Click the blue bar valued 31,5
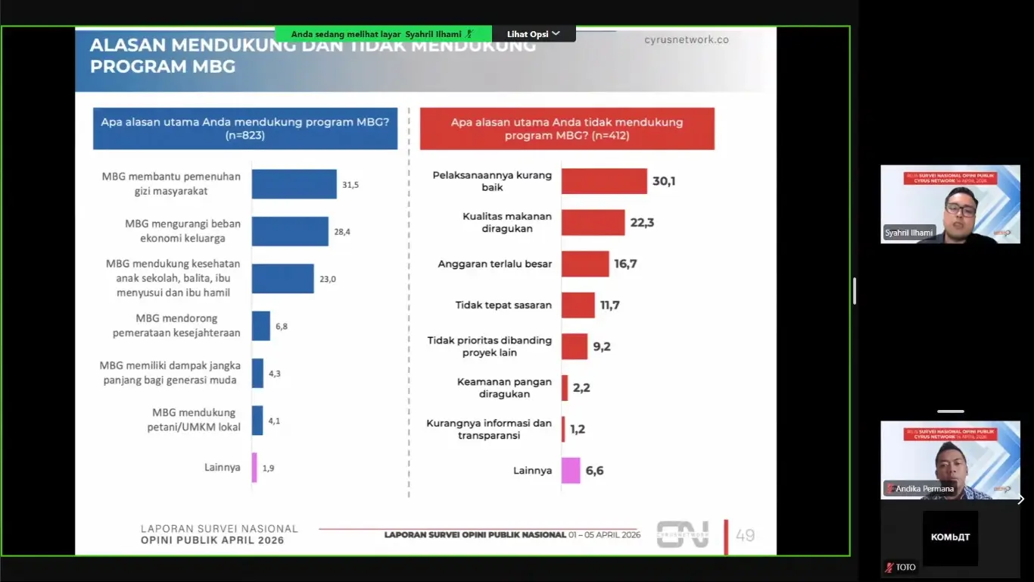tap(294, 184)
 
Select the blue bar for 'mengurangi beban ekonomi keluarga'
tap(290, 231)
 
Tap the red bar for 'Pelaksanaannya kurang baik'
tap(604, 181)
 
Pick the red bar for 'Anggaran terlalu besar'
tap(585, 264)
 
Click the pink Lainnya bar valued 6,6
tap(571, 471)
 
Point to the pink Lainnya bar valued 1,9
tap(254, 468)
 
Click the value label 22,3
tap(642, 223)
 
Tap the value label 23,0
tap(327, 279)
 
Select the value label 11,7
tap(609, 305)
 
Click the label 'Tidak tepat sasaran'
tap(503, 305)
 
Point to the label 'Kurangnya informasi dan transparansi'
tap(489, 429)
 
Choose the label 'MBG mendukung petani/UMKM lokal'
tap(194, 420)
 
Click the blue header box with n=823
tap(245, 128)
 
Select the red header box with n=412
tap(567, 128)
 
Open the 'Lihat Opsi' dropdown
tap(534, 34)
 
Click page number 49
tap(745, 535)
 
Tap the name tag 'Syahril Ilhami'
tap(909, 233)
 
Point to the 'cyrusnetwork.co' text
tap(686, 39)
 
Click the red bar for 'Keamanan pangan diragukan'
tap(565, 388)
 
